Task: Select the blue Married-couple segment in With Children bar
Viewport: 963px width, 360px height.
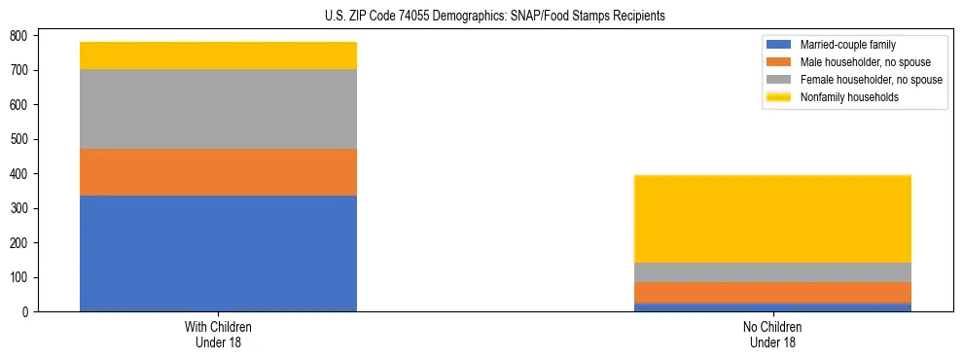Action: click(x=218, y=253)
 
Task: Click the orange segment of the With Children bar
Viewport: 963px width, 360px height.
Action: click(x=218, y=172)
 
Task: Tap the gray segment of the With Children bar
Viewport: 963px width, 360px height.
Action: click(x=218, y=109)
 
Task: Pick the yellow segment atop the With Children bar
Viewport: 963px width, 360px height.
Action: click(x=218, y=55)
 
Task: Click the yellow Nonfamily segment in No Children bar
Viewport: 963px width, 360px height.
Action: click(x=772, y=219)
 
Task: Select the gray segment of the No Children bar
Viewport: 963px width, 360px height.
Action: click(x=772, y=272)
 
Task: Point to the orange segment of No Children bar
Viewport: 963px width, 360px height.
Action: click(x=772, y=292)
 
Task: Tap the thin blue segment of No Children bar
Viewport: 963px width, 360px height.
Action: click(x=772, y=307)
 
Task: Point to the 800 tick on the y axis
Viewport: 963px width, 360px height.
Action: click(x=20, y=36)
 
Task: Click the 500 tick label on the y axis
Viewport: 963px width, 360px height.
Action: click(x=20, y=139)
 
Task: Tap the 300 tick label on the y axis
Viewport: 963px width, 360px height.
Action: click(x=20, y=208)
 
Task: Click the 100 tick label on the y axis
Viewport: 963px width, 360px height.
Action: click(x=20, y=277)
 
